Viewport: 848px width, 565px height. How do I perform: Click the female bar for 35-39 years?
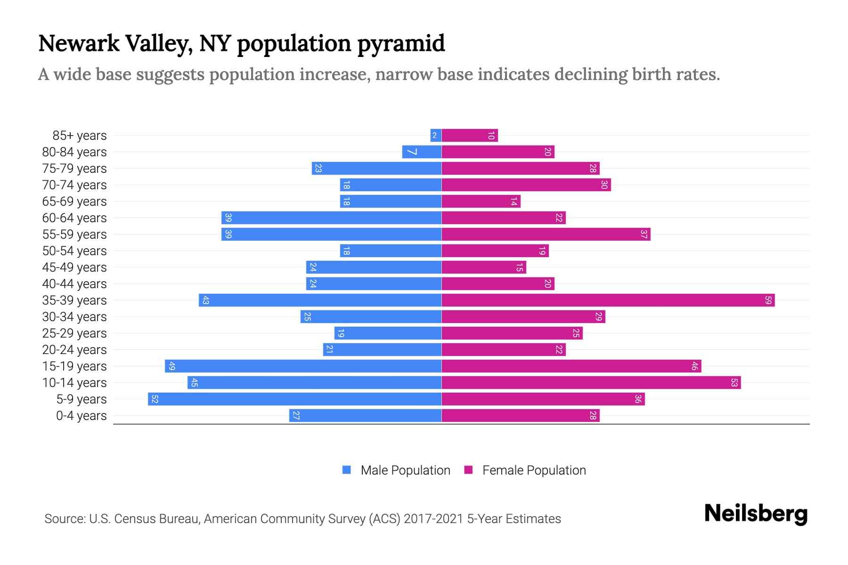(608, 300)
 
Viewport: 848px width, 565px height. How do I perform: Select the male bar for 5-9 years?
(294, 399)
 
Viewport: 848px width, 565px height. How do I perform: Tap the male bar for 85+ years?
(436, 136)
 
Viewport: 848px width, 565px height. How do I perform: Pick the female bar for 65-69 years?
(481, 202)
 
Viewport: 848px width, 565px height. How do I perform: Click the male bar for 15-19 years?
(303, 366)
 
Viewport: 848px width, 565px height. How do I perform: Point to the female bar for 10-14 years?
(591, 383)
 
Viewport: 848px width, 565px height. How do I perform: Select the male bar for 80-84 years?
(422, 152)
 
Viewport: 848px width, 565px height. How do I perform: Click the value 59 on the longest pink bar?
(768, 300)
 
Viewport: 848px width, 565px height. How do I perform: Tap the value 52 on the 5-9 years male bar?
(155, 399)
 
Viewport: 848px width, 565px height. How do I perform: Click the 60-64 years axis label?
(74, 218)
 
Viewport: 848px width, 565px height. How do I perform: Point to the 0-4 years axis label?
(81, 416)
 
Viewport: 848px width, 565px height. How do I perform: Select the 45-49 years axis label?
(74, 267)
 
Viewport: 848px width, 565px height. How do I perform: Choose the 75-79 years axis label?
(74, 169)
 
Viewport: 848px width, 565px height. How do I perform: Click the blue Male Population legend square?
(347, 470)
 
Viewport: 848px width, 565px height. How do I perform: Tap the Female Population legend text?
(534, 470)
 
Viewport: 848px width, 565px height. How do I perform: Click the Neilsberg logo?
(756, 514)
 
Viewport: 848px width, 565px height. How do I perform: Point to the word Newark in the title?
(79, 44)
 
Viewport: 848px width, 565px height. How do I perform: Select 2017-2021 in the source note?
(433, 519)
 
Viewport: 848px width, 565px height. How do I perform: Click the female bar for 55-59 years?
(546, 234)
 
